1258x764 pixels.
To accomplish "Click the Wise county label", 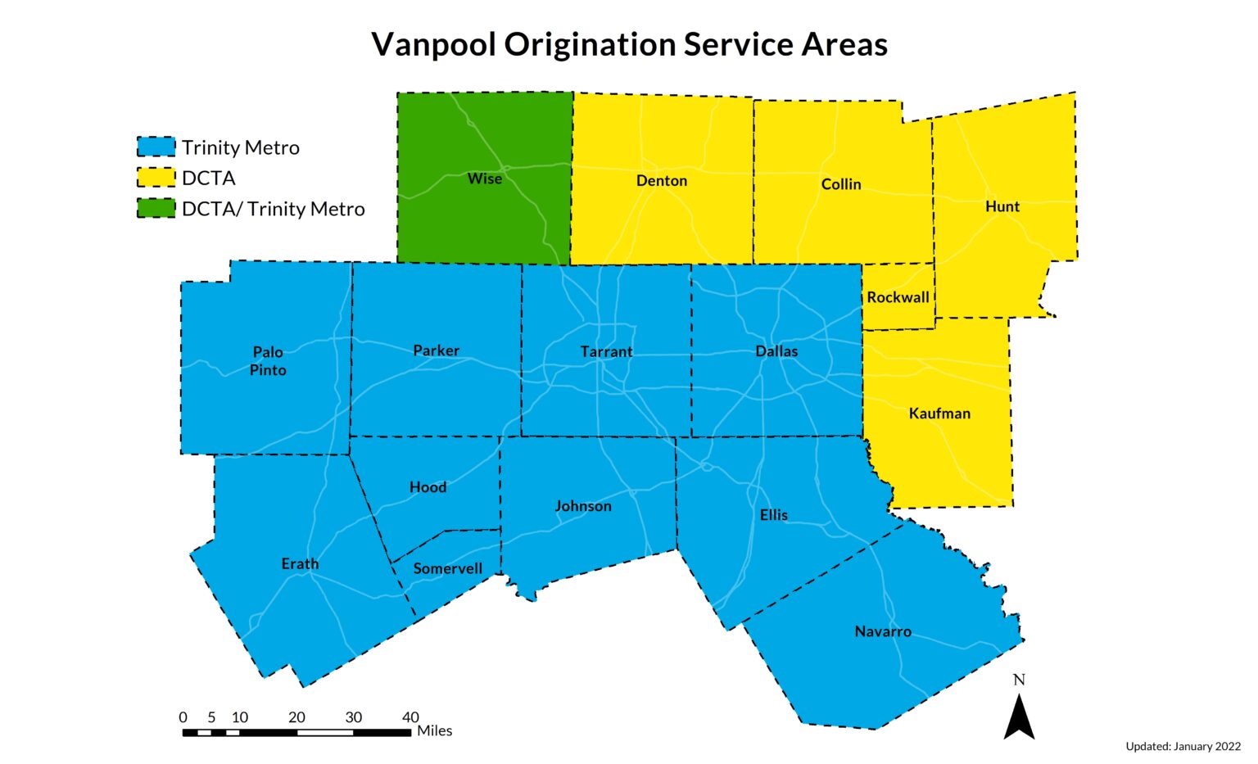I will point(484,179).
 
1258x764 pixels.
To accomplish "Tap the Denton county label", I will point(662,181).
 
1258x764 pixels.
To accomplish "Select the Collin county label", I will point(841,184).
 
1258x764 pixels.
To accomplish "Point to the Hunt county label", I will point(1002,206).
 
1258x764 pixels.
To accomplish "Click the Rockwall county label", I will point(898,297).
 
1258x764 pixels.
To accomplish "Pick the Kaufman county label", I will point(939,414).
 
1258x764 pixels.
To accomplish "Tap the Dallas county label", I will point(776,351).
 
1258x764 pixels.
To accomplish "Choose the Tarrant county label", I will point(606,352).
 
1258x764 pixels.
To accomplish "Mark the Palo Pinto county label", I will point(268,361).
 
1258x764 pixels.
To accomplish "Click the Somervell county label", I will point(447,568).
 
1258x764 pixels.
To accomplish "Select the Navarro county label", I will point(883,631).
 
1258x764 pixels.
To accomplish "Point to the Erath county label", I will point(300,564).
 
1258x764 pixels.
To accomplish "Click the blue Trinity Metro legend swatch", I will point(156,147).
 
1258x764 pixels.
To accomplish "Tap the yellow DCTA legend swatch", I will point(156,178).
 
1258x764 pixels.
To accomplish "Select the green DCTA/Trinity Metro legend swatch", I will point(156,209).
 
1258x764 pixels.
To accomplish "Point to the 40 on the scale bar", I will point(410,717).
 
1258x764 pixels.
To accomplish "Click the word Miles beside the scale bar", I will point(434,730).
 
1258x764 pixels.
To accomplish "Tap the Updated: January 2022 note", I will point(1183,746).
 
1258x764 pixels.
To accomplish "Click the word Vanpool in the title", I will point(433,44).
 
